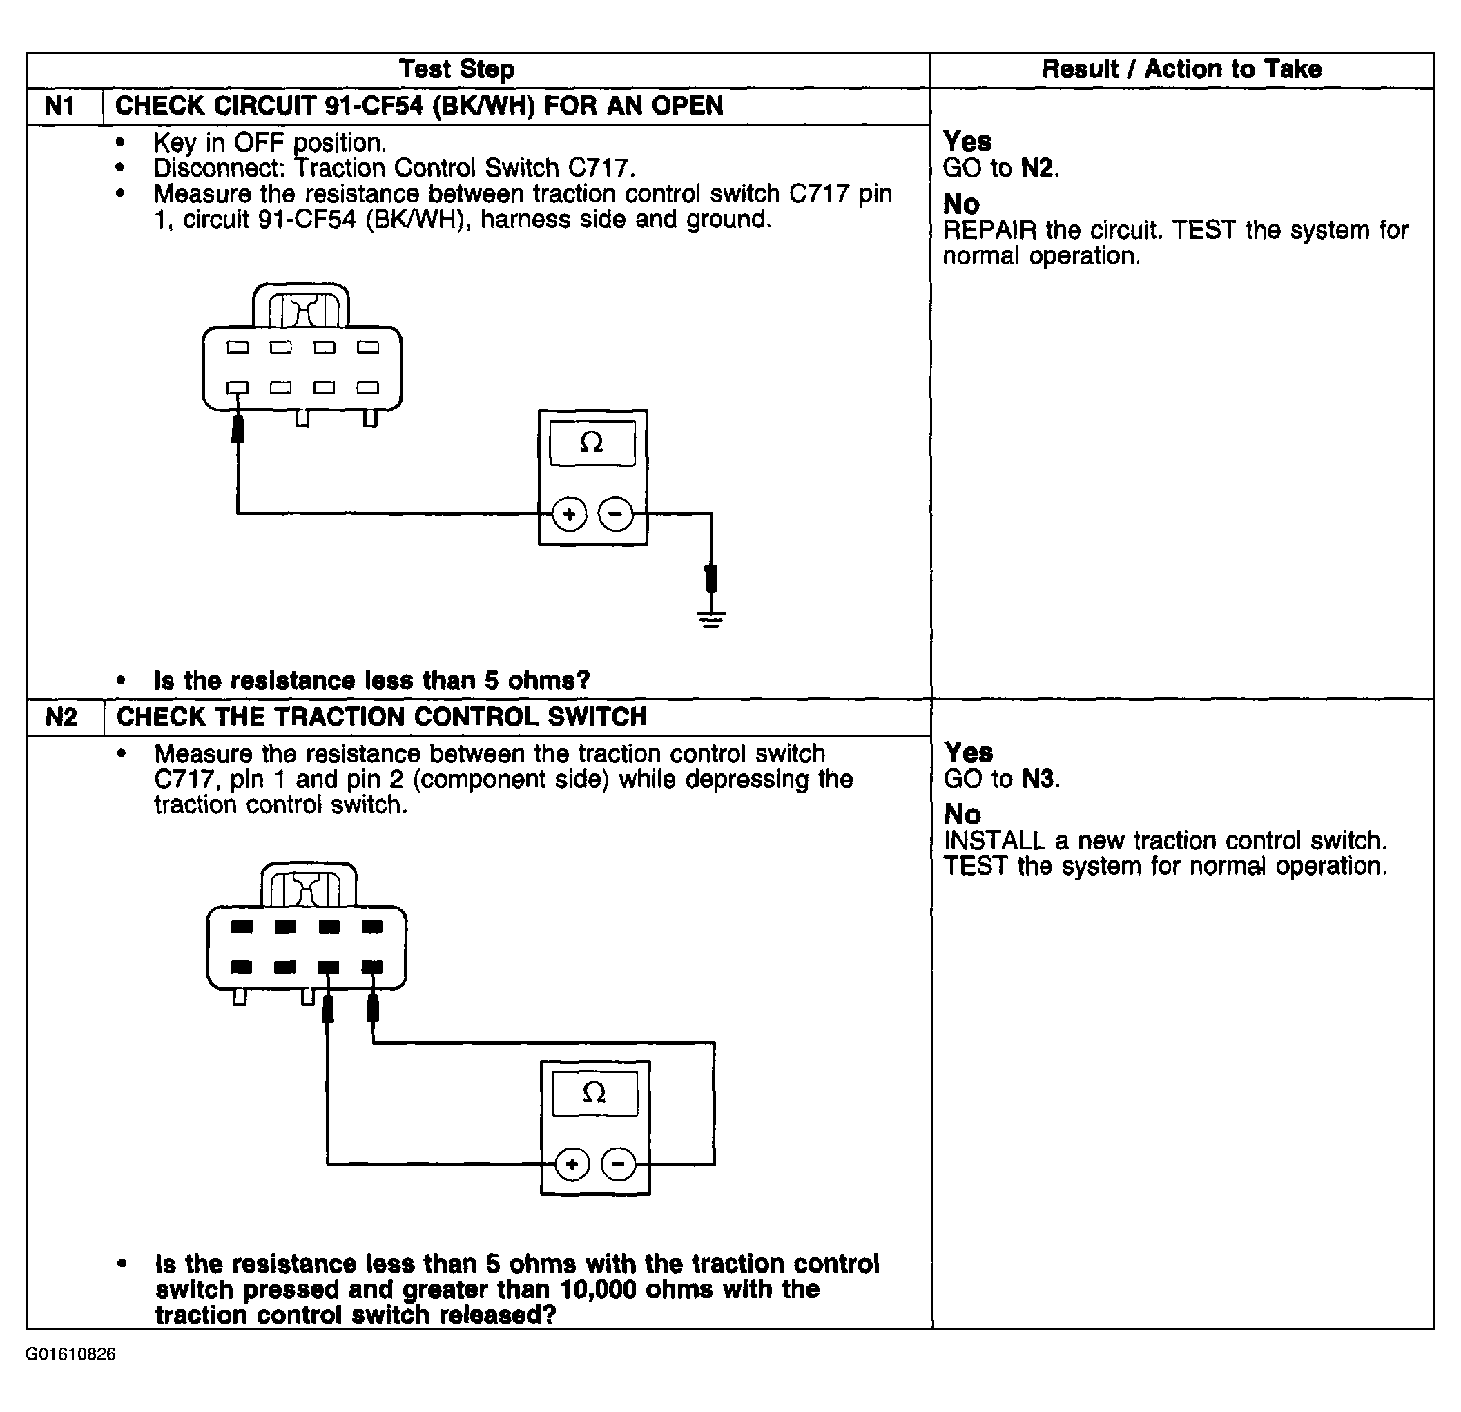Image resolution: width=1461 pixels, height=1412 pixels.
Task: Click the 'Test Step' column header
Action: pos(456,69)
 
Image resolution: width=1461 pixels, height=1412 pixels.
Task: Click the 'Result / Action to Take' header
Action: pos(1181,69)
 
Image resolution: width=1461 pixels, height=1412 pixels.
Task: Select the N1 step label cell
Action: pos(59,106)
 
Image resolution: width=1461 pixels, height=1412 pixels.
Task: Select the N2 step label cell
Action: pos(61,717)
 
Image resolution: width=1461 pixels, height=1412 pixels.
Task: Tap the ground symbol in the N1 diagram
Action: pos(711,618)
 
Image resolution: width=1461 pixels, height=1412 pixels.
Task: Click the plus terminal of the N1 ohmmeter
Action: pos(570,514)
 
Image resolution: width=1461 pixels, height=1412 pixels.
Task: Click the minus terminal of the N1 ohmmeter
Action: pos(616,514)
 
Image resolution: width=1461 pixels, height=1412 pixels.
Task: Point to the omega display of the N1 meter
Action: pos(592,443)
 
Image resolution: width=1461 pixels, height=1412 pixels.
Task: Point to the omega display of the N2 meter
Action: pos(594,1094)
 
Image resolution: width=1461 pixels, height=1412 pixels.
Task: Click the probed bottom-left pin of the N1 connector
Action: pos(238,387)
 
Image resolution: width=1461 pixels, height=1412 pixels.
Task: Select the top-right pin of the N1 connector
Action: pos(368,347)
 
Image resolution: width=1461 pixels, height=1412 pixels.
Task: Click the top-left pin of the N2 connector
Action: pos(242,927)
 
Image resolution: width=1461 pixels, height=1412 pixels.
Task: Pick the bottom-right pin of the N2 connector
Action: pos(372,967)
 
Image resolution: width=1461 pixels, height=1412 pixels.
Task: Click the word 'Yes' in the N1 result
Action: pos(967,142)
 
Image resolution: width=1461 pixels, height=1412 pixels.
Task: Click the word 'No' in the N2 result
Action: pos(962,814)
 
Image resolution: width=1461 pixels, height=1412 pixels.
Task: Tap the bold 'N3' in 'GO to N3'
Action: pos(1038,779)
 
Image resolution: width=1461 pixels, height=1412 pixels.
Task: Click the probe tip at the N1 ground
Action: pos(711,579)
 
